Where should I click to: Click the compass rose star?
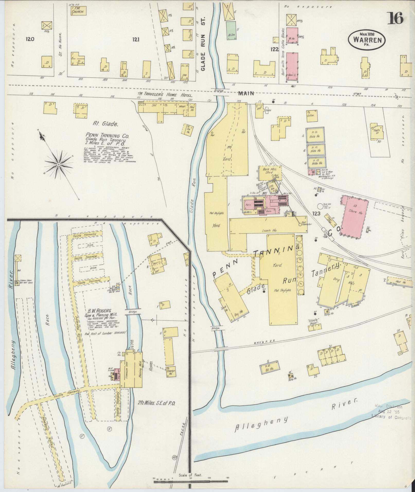point(59,164)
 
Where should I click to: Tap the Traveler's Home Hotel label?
point(165,95)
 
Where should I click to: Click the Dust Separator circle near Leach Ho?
point(300,225)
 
